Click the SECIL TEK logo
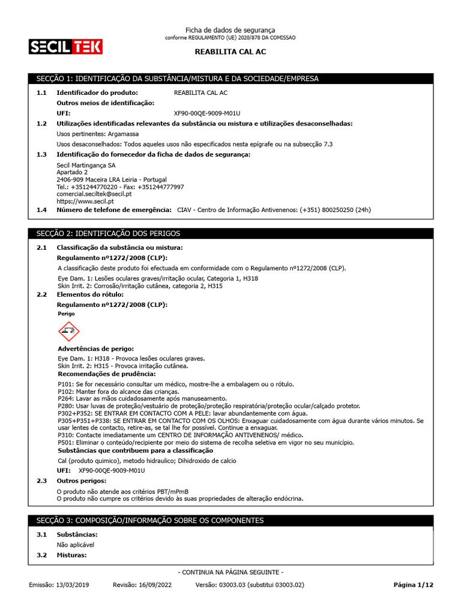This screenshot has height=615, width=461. click(65, 46)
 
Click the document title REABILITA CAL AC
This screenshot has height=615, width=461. click(230, 52)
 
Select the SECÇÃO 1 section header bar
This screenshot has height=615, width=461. click(230, 79)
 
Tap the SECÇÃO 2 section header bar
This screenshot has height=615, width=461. click(230, 233)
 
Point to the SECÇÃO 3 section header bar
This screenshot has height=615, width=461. click(230, 520)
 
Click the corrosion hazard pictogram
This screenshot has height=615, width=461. click(68, 332)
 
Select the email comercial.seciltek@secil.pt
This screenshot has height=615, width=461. click(94, 194)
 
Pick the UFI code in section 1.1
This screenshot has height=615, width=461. click(206, 113)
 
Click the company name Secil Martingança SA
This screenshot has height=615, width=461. click(86, 165)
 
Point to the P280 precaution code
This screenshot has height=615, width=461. click(66, 406)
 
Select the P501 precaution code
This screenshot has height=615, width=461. click(66, 443)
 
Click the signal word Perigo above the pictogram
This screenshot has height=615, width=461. click(67, 314)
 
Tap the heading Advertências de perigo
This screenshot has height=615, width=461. click(95, 349)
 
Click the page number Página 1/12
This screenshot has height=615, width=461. click(412, 584)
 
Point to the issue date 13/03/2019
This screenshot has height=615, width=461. click(71, 584)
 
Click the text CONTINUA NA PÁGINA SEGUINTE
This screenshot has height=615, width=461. click(230, 572)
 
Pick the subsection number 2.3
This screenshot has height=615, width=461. click(41, 481)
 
